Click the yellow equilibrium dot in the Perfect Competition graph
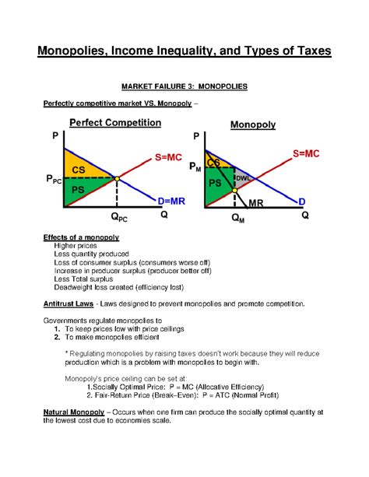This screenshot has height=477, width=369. coord(117,179)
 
